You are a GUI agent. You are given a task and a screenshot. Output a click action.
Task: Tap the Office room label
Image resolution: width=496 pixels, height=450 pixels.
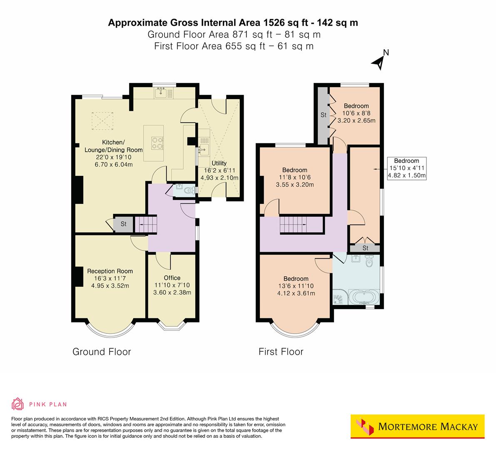point(172,278)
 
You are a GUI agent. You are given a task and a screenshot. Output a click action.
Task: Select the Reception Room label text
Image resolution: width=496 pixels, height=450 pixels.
point(110,271)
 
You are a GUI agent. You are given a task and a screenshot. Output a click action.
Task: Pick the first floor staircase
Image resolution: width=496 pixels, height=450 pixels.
point(293,225)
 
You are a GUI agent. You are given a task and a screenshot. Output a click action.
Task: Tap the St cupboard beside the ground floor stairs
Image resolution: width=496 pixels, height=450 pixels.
point(123,224)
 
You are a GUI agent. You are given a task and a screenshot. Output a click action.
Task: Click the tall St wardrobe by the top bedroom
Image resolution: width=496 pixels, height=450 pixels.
point(323,115)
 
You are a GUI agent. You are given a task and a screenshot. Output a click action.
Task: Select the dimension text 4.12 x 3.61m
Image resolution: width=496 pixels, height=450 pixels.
point(296,293)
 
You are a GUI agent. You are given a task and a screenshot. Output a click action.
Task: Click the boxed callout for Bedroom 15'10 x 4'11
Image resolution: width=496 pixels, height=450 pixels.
point(406,168)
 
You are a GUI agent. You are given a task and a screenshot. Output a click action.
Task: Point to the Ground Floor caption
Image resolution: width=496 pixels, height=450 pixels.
point(102,352)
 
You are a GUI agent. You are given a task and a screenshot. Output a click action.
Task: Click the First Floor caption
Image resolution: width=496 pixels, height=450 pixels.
point(281,352)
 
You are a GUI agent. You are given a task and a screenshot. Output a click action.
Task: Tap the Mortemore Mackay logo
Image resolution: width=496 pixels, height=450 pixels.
point(417,427)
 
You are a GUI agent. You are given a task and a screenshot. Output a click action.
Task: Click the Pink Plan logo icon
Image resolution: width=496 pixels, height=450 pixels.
point(18,404)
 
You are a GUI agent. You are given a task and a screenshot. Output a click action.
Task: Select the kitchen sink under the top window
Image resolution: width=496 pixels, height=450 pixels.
point(160,93)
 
